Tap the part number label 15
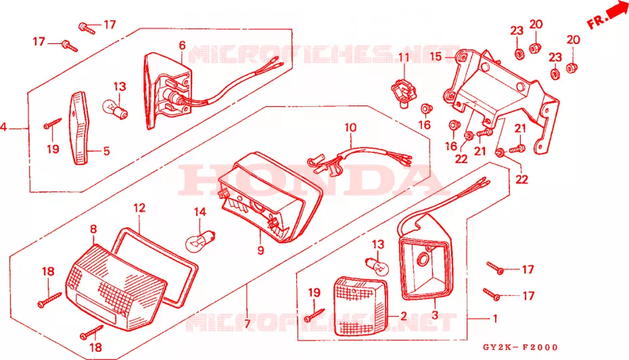[436, 57]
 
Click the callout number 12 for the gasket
[139, 208]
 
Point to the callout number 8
[93, 229]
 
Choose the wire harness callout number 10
[350, 128]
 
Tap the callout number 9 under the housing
[261, 250]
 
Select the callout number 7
[247, 323]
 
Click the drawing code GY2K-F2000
[520, 347]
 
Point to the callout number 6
[182, 45]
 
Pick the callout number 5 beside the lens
[106, 151]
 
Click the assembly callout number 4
[3, 128]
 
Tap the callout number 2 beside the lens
[404, 316]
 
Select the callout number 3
[435, 315]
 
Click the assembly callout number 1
[495, 318]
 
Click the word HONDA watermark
[309, 181]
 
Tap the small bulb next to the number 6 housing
[115, 109]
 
